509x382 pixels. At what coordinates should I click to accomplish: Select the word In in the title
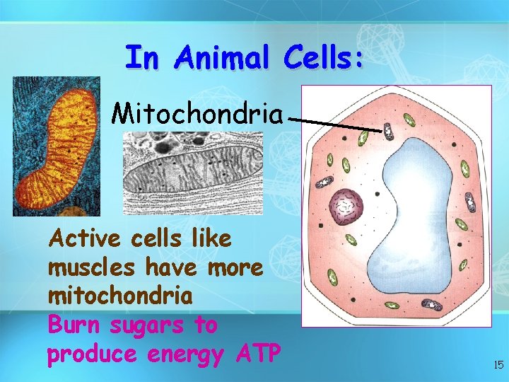[141, 58]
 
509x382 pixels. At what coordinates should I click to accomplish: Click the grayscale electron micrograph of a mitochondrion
[192, 173]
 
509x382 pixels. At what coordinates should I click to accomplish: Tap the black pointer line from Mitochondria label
[336, 125]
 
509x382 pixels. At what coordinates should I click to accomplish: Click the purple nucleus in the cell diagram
[346, 207]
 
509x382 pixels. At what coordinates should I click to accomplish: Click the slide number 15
[498, 365]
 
